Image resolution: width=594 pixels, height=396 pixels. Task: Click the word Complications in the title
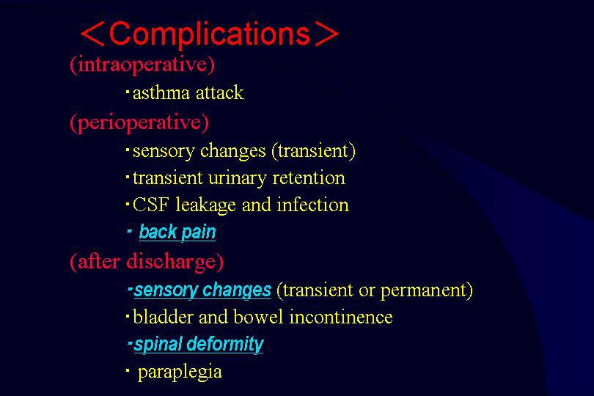(210, 35)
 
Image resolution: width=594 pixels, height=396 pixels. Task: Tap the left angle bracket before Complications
(92, 35)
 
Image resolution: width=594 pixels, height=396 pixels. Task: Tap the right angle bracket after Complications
(326, 34)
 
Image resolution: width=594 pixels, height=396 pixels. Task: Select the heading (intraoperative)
(142, 65)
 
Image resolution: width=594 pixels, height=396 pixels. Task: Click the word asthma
(161, 93)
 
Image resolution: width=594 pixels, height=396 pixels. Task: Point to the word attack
(220, 93)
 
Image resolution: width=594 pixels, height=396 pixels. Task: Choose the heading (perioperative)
(139, 122)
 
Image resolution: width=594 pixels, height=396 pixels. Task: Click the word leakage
(206, 206)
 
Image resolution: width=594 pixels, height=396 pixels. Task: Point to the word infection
(313, 205)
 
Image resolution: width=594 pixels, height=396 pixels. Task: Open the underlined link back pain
(177, 232)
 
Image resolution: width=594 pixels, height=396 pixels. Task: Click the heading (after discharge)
(147, 262)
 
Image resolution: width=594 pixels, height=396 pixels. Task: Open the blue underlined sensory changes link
(202, 290)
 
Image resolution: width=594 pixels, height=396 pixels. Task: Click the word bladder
(164, 317)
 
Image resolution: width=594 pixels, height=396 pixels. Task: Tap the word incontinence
(341, 317)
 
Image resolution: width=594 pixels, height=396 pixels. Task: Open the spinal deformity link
(199, 345)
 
